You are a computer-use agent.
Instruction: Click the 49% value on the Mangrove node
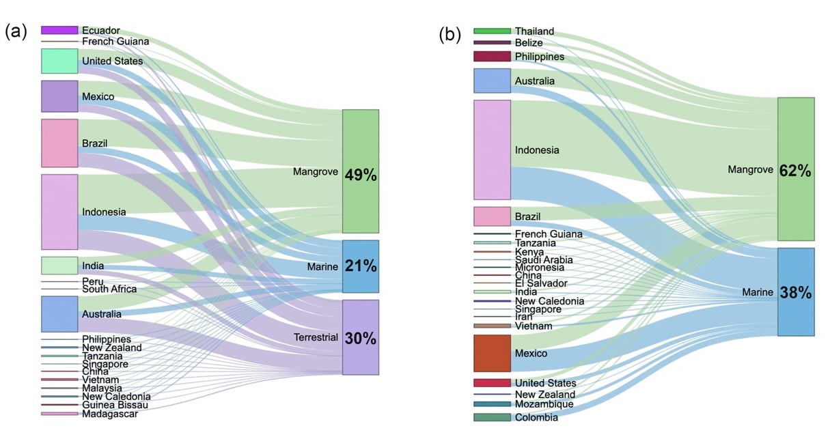(361, 174)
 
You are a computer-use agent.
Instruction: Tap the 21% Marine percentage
(361, 266)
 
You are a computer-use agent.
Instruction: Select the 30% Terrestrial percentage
(361, 338)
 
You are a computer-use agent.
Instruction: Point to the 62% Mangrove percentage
(795, 171)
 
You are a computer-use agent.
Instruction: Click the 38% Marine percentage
(795, 293)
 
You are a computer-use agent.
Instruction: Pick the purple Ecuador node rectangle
(59, 30)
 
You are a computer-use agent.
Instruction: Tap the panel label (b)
(449, 34)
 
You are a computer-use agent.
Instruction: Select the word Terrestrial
(316, 337)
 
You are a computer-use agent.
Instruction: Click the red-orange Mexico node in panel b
(492, 353)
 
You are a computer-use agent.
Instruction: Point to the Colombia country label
(536, 417)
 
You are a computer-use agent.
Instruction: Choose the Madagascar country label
(110, 413)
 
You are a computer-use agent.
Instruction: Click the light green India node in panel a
(59, 266)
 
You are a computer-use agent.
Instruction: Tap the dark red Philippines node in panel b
(492, 57)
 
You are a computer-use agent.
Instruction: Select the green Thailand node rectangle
(492, 31)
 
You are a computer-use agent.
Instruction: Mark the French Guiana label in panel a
(115, 42)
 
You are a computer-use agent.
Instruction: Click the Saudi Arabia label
(544, 259)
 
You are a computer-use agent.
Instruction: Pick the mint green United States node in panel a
(59, 61)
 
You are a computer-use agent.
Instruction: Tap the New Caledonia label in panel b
(549, 301)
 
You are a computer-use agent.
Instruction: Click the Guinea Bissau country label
(115, 405)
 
